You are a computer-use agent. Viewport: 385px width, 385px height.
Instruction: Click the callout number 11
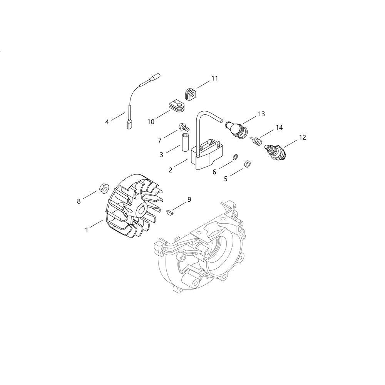[214, 78]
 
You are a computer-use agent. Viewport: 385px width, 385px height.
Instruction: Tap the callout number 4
[107, 122]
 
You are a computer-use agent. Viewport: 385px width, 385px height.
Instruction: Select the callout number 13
[261, 114]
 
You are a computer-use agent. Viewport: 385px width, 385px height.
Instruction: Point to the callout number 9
[189, 199]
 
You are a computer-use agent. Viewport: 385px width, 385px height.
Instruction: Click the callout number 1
[86, 230]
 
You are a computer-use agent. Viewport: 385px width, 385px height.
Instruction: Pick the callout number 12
[303, 137]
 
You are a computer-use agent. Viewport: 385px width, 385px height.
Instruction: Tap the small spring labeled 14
[256, 141]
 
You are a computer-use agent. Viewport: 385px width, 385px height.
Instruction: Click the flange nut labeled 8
[104, 189]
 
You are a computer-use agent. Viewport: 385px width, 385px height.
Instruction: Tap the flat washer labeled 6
[235, 157]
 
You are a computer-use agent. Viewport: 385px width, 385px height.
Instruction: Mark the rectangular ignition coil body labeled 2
[206, 155]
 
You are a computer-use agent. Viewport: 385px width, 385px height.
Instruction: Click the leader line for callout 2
[182, 163]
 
